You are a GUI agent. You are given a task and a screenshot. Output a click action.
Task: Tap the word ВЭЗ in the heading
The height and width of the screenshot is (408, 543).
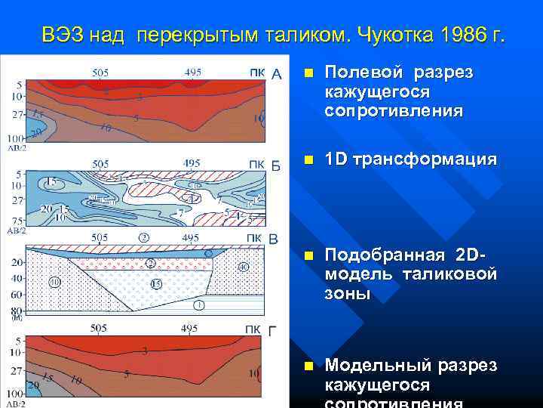(63, 36)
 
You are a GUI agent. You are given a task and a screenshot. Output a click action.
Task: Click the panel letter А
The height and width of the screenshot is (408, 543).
(276, 74)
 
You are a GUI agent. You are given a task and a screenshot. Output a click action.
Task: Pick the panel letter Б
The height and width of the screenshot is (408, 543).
(276, 165)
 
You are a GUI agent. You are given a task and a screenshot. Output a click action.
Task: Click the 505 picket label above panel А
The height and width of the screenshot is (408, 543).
(100, 73)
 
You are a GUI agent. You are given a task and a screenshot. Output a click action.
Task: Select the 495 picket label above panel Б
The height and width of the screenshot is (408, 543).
(192, 163)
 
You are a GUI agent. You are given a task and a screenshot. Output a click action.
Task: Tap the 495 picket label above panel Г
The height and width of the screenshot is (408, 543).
(192, 329)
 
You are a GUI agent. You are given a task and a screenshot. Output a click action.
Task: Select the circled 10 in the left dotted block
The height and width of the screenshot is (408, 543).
(55, 282)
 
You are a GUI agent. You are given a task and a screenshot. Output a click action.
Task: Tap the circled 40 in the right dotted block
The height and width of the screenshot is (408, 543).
(243, 267)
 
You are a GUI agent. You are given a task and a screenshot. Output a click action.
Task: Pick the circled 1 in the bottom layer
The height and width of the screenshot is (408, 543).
(198, 304)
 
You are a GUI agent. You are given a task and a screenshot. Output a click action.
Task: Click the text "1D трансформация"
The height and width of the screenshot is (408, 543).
(410, 159)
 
